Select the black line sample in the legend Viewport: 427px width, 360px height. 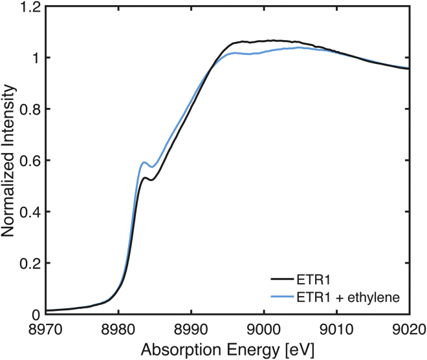[283, 280]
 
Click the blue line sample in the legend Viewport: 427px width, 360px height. [283, 297]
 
